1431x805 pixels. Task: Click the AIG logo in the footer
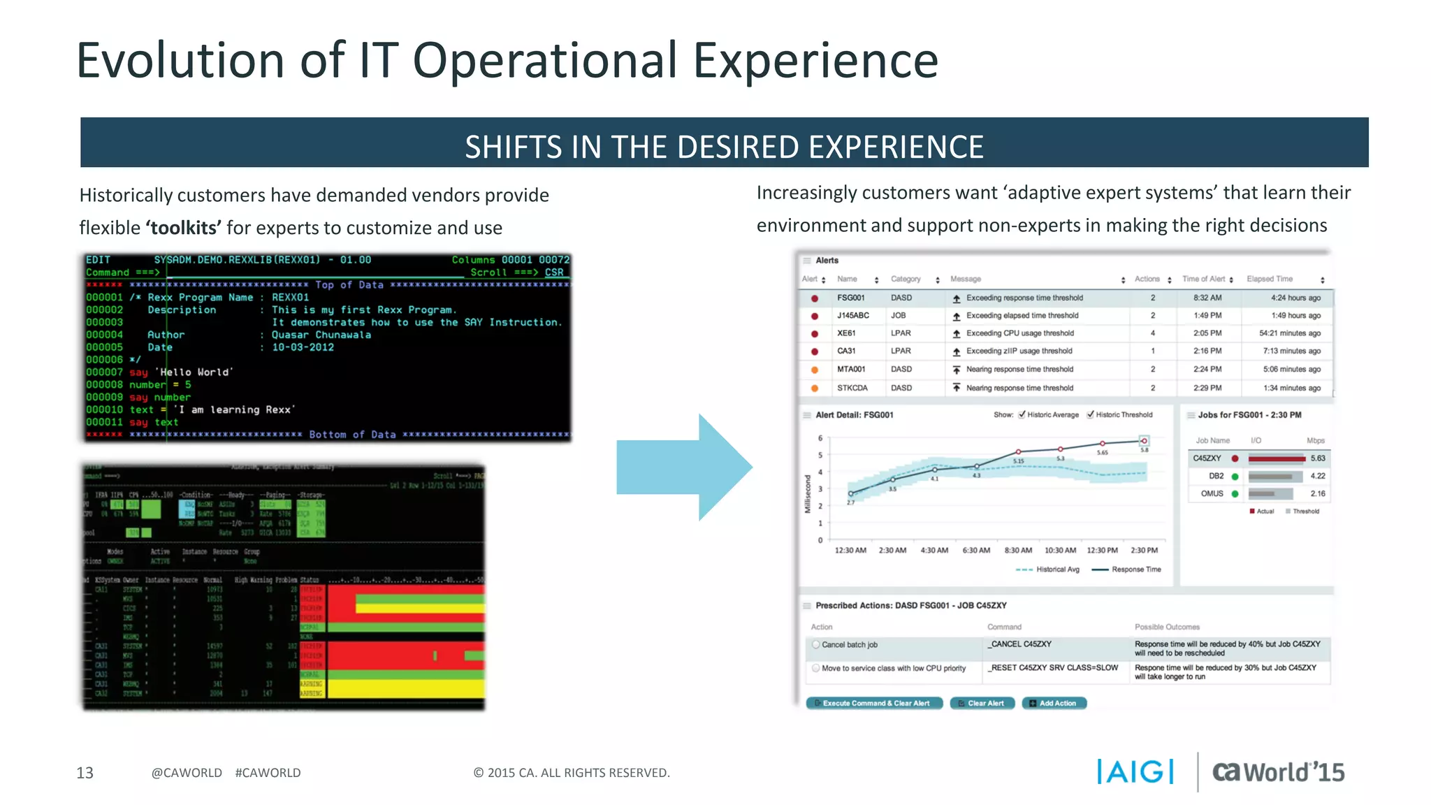click(x=1135, y=771)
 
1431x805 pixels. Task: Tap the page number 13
click(x=85, y=773)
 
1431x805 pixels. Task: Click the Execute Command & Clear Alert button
click(x=874, y=703)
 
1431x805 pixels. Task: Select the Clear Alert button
click(x=982, y=703)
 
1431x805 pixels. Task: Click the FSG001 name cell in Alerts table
click(x=850, y=298)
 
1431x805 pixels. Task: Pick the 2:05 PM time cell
click(x=1207, y=333)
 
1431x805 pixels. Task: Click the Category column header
click(x=906, y=279)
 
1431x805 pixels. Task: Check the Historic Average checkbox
click(x=1022, y=414)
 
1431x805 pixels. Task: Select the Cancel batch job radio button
click(x=815, y=644)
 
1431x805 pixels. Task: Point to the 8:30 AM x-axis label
click(x=1017, y=551)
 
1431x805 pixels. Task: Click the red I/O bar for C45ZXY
click(x=1276, y=458)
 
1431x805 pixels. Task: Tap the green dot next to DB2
click(x=1235, y=477)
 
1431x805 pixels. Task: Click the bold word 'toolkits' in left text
click(x=184, y=229)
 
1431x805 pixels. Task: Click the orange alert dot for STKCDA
click(x=814, y=388)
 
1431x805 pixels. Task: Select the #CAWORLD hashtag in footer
click(x=268, y=773)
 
